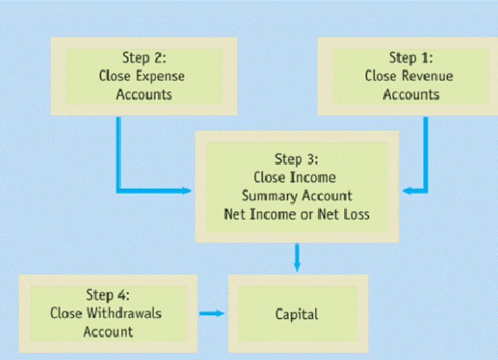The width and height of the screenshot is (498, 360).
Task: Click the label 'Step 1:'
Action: click(411, 58)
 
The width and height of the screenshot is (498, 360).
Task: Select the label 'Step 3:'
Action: click(296, 159)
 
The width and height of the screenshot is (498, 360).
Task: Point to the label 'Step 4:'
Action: click(108, 295)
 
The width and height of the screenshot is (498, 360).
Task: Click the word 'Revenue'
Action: click(428, 76)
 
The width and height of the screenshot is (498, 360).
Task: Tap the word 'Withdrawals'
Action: click(125, 314)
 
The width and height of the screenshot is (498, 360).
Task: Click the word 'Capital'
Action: click(297, 314)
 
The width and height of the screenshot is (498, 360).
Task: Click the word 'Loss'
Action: click(357, 214)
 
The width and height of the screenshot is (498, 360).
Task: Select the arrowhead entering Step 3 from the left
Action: click(187, 190)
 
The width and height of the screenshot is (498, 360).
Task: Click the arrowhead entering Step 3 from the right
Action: click(406, 190)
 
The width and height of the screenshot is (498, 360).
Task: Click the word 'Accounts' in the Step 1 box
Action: click(411, 95)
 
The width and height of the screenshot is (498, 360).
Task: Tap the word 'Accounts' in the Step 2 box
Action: click(144, 94)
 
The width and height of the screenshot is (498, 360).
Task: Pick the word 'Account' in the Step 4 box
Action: click(108, 332)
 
